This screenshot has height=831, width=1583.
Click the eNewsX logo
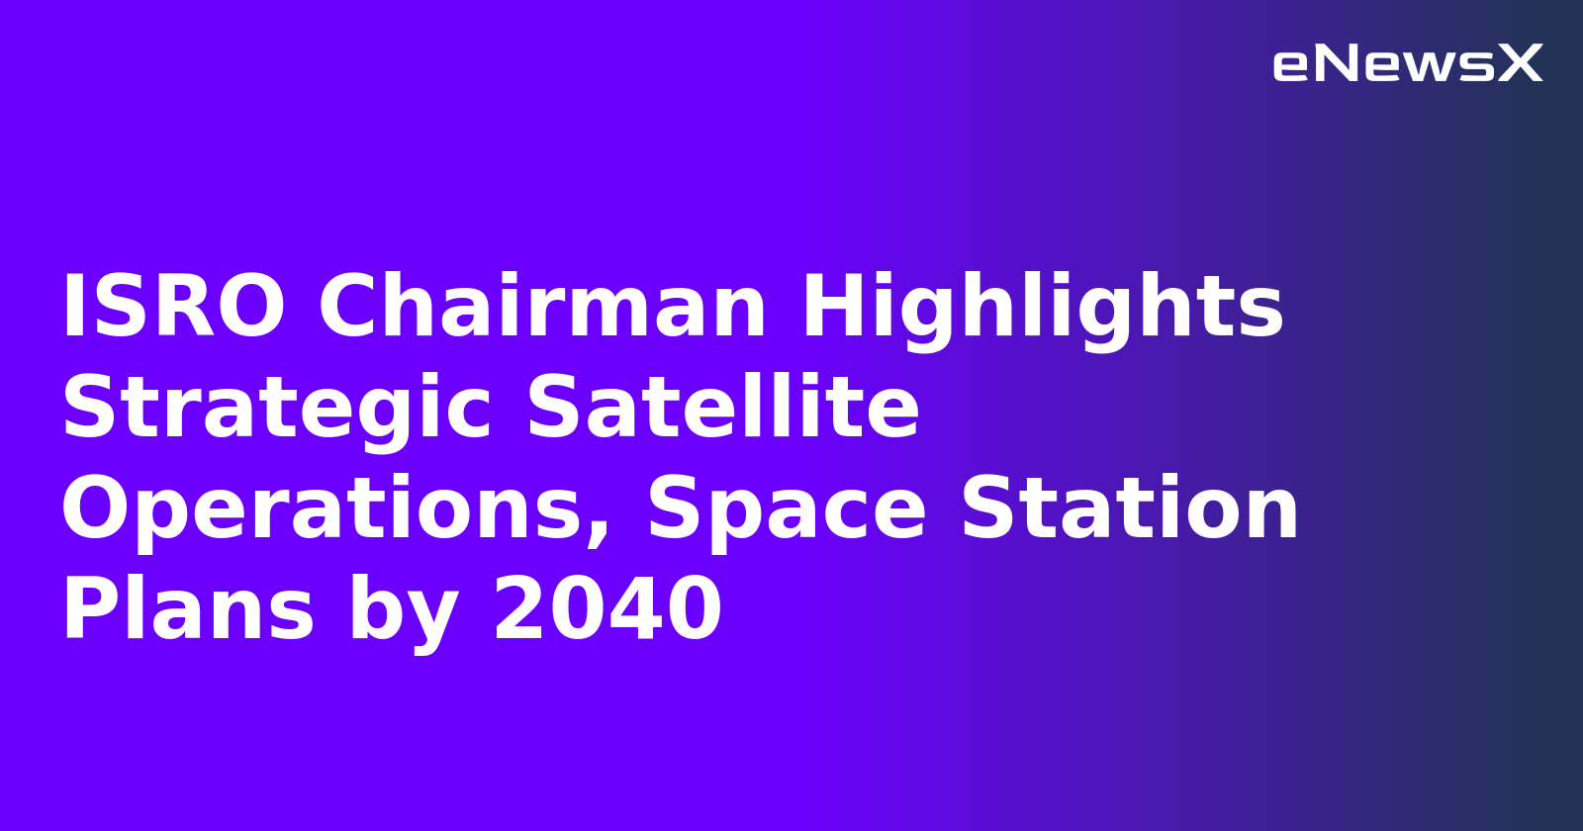click(1407, 64)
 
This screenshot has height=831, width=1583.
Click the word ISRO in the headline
click(174, 308)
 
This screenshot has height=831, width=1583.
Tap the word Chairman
click(542, 308)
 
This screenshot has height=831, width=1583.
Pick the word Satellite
click(723, 409)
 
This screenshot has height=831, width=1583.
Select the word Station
click(1129, 509)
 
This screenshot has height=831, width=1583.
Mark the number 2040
click(607, 610)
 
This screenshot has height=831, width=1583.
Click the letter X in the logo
click(1520, 64)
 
